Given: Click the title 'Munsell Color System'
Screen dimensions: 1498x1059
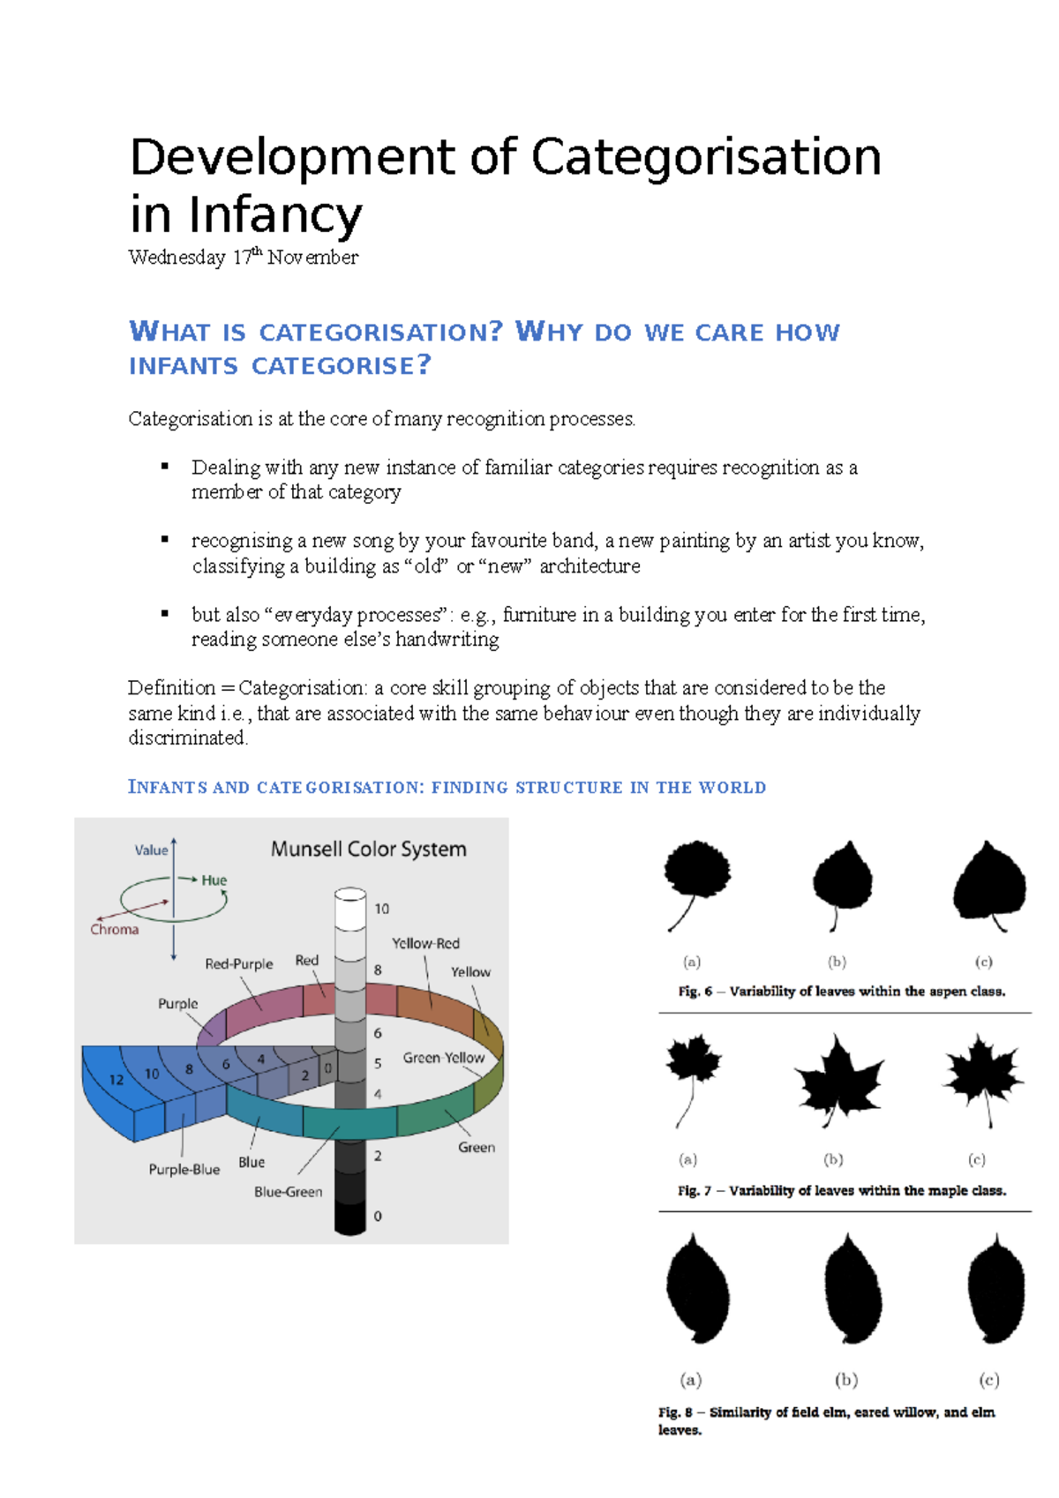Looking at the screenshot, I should click(x=368, y=849).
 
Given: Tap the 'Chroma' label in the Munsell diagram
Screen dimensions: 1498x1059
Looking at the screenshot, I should click(x=115, y=929).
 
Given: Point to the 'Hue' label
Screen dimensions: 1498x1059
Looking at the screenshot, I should click(x=214, y=880).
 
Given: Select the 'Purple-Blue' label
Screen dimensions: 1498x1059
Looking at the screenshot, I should click(x=184, y=1169).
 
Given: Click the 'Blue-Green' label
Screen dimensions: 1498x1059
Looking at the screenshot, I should click(x=288, y=1191).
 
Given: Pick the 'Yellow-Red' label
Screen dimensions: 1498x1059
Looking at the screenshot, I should click(x=425, y=943).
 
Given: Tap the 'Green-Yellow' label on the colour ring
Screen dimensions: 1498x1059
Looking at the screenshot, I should click(x=443, y=1057).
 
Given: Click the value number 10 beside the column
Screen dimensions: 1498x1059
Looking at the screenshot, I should click(x=381, y=908).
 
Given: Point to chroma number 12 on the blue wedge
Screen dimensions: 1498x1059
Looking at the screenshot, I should click(x=116, y=1079).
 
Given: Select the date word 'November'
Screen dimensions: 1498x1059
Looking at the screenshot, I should click(x=312, y=258).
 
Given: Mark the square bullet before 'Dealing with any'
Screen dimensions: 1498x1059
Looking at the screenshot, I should click(x=164, y=466).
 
